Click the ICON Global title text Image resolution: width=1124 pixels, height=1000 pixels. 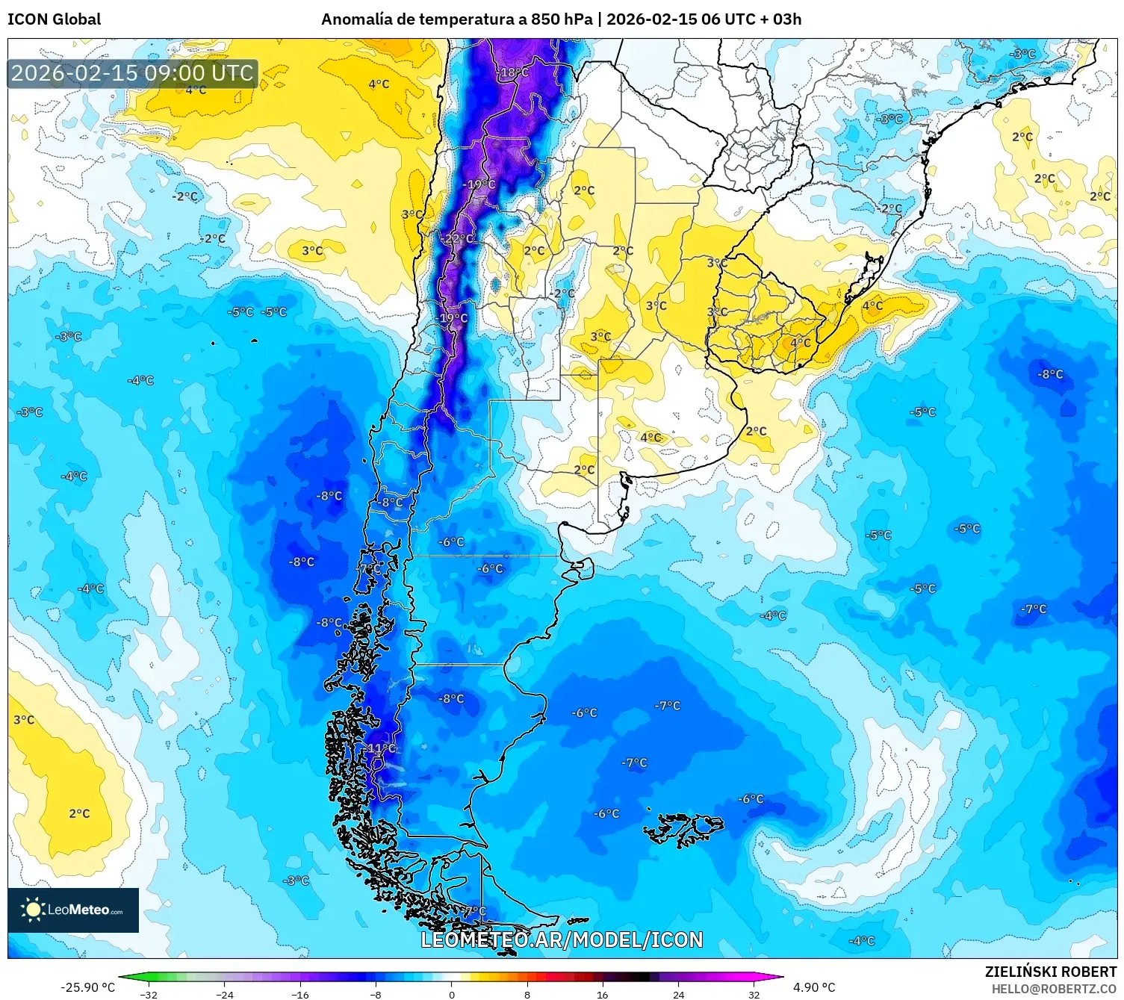tap(54, 19)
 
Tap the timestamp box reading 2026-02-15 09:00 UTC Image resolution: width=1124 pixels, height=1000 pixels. tap(133, 73)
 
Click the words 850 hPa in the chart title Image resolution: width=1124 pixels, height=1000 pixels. tap(561, 19)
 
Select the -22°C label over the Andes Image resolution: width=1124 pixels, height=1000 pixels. tap(458, 239)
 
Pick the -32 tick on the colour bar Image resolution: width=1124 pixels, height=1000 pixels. tap(149, 994)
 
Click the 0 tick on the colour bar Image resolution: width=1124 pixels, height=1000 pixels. tap(451, 994)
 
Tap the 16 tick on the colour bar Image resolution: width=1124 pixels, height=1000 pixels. tap(602, 994)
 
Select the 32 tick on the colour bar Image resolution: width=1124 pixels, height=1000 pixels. tap(754, 994)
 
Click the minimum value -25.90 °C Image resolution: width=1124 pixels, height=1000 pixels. tap(87, 987)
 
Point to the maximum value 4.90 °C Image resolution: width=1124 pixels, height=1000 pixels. tap(814, 987)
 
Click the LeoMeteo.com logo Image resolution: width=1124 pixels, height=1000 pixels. tap(73, 910)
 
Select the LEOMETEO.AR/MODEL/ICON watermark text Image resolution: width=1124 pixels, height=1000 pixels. tap(562, 940)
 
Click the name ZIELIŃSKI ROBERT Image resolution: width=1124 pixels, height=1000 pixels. tap(1050, 972)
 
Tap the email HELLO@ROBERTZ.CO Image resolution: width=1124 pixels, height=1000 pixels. tap(1054, 989)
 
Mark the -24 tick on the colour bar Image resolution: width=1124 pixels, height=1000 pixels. tap(224, 994)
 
